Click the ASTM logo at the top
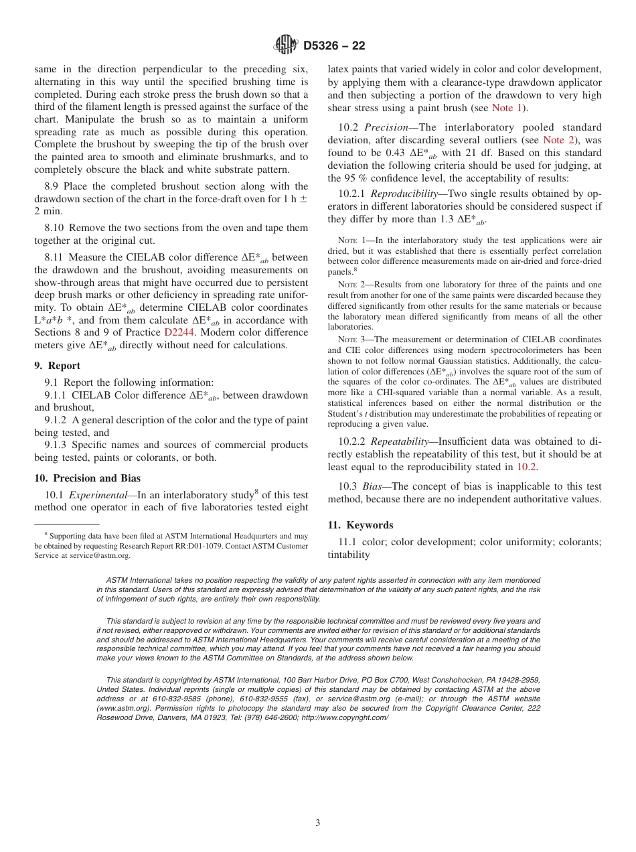(x=286, y=46)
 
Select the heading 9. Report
(x=57, y=366)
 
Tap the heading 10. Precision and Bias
(x=87, y=478)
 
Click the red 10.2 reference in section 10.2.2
(x=527, y=467)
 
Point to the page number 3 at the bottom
(x=318, y=823)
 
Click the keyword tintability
(x=348, y=555)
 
